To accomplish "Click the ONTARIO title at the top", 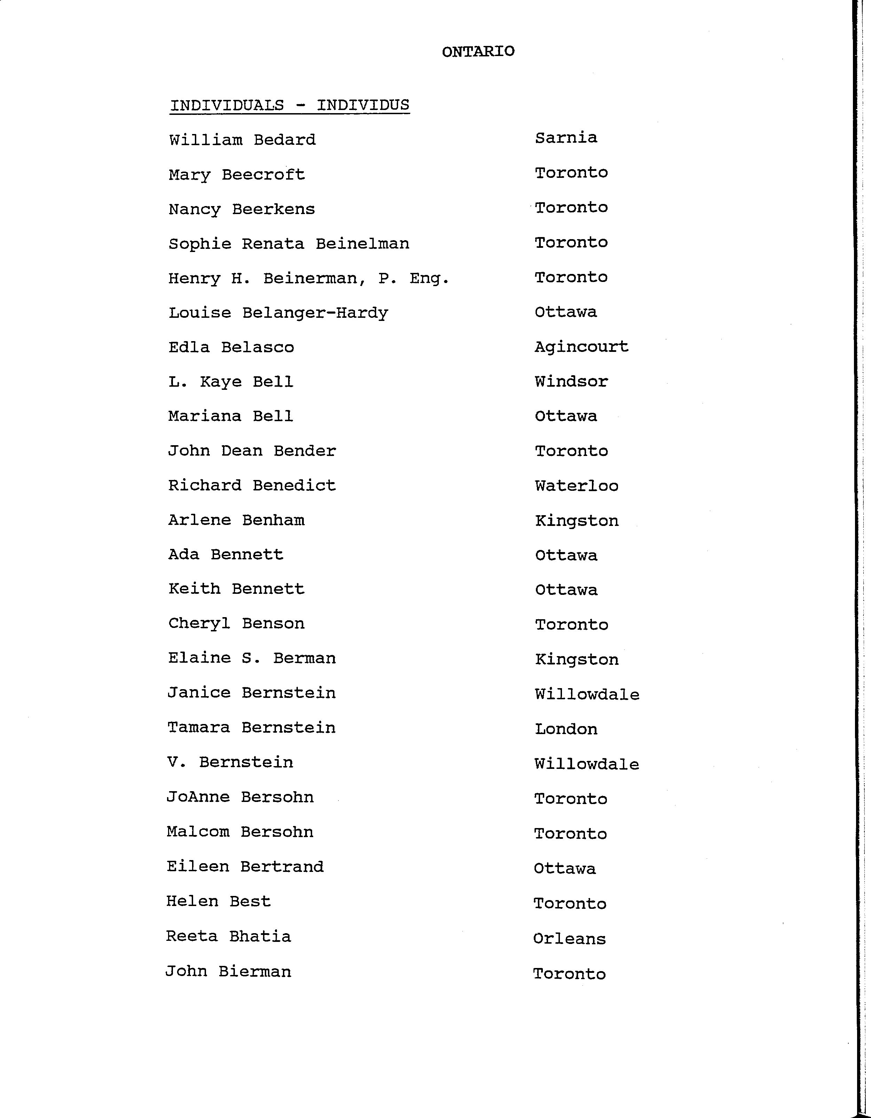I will pos(478,52).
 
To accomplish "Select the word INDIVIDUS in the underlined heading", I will pos(363,105).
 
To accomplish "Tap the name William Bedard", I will pos(242,140).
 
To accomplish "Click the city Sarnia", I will pos(566,138).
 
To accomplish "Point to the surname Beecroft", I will pos(263,175).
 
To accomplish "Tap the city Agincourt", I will pos(581,347).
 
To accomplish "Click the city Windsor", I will pos(571,381).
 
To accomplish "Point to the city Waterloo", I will pos(577,486).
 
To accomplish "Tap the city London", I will pos(566,729).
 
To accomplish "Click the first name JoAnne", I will pos(198,797).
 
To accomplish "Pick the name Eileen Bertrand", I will pos(245,867).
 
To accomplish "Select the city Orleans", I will pos(569,938).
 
